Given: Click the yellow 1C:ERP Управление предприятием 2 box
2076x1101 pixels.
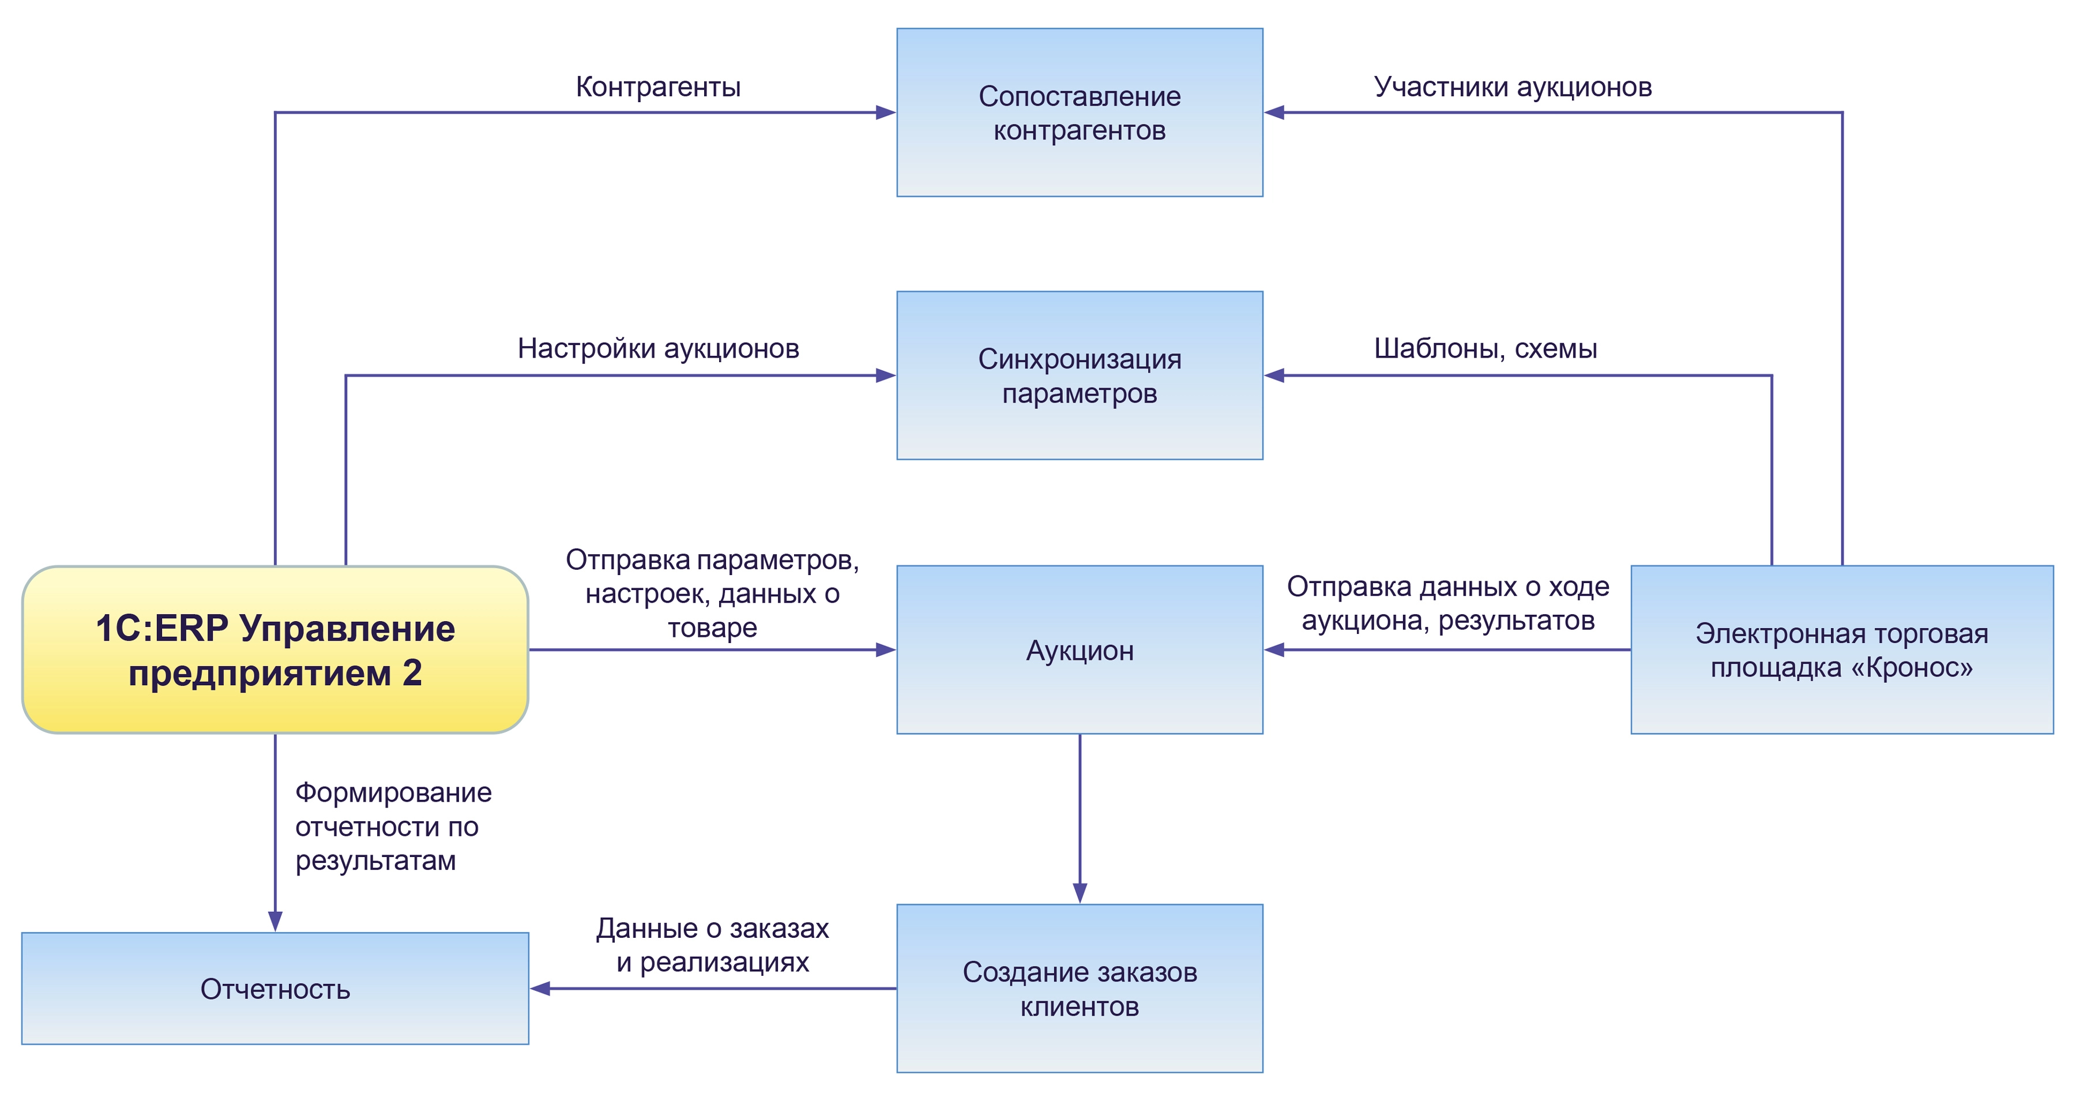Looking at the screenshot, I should point(275,649).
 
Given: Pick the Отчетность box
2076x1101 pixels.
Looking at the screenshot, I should point(275,988).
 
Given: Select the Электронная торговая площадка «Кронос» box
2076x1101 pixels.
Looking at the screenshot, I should point(1841,649).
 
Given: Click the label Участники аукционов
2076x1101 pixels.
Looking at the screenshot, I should point(1513,87).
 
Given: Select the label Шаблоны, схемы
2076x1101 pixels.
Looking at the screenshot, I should point(1485,348).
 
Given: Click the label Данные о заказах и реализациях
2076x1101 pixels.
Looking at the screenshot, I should point(712,945).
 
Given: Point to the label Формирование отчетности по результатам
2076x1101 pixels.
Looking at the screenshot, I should point(393,826).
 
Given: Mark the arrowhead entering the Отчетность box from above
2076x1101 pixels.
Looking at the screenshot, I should point(275,921).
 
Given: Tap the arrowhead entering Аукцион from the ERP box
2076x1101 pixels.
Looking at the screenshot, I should point(886,649).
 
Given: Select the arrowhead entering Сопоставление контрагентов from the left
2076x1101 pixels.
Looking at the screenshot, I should point(886,113).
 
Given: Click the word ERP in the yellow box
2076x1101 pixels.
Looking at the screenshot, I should point(193,629).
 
